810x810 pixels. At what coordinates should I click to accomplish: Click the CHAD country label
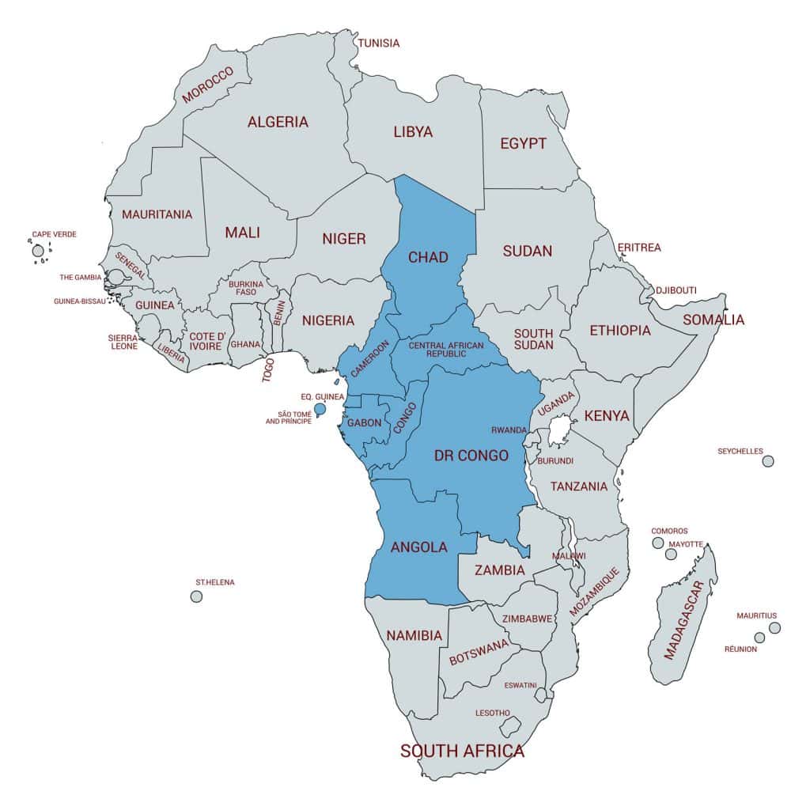point(428,257)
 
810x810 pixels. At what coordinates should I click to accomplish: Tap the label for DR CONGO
point(471,456)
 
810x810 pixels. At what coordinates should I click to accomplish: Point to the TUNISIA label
point(379,43)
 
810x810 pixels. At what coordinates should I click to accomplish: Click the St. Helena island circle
point(196,596)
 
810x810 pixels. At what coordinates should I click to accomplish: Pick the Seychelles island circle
point(767,461)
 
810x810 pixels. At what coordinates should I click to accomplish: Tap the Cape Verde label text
point(54,235)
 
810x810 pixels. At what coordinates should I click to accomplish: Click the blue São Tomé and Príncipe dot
point(320,409)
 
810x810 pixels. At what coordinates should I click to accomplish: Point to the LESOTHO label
point(493,713)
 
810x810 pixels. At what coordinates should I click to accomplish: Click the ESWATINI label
point(520,685)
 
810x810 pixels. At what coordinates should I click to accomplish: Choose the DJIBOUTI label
point(676,290)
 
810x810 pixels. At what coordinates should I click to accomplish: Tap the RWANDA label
point(509,430)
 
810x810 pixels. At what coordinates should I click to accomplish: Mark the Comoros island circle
point(657,543)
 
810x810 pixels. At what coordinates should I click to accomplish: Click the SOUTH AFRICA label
point(463,751)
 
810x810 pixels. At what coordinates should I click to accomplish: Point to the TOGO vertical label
point(268,369)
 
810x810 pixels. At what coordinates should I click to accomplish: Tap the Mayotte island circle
point(671,555)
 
